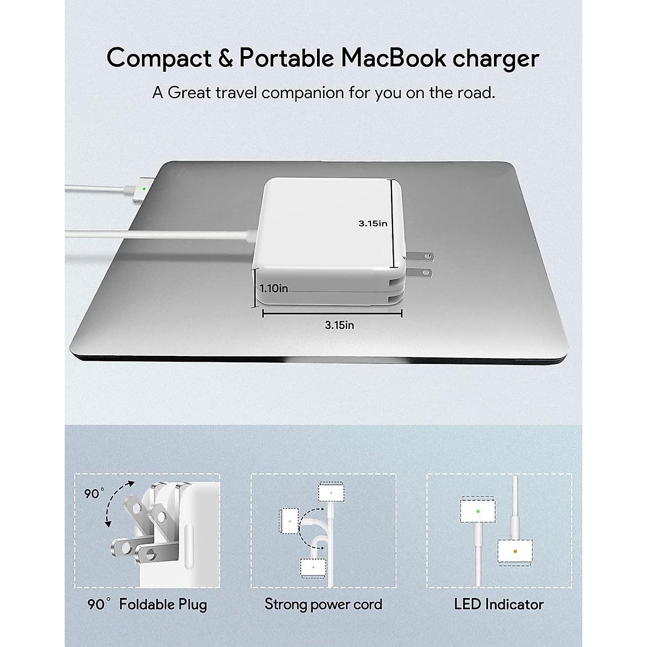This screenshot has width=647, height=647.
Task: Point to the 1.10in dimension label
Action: tap(274, 288)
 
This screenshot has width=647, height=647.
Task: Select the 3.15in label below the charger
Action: tap(340, 325)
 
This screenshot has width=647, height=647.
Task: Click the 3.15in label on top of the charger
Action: tap(373, 223)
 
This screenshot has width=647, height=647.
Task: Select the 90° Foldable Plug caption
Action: tap(147, 604)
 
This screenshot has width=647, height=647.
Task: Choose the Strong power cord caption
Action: tap(323, 604)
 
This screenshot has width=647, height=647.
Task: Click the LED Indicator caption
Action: tap(499, 604)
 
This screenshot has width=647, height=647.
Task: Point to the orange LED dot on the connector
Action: tap(516, 551)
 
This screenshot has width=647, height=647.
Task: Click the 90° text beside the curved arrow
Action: tap(94, 493)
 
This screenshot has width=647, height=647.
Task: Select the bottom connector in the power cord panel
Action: tap(313, 567)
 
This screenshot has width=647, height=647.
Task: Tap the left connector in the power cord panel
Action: tap(290, 521)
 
